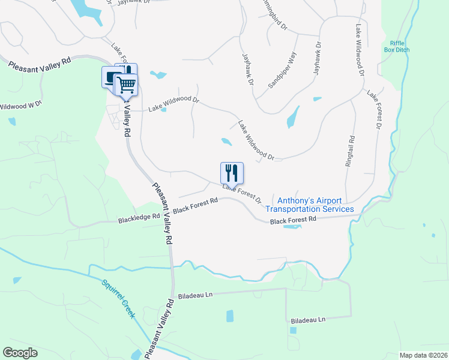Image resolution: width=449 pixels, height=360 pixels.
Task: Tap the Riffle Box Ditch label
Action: (x=397, y=46)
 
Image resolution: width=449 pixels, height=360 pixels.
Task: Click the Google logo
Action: (x=20, y=353)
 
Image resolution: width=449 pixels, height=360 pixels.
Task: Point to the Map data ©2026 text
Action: (x=423, y=355)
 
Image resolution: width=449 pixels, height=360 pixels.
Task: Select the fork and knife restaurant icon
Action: (x=232, y=173)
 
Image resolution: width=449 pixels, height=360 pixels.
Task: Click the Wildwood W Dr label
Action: (x=20, y=106)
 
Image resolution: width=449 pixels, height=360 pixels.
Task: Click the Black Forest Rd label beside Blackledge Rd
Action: (x=194, y=207)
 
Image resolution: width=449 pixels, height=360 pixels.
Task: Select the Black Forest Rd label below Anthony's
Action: (x=293, y=221)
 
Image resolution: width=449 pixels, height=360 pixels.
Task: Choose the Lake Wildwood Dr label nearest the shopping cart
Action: (x=173, y=104)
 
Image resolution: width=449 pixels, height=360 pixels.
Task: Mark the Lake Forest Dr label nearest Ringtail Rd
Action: (x=375, y=110)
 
